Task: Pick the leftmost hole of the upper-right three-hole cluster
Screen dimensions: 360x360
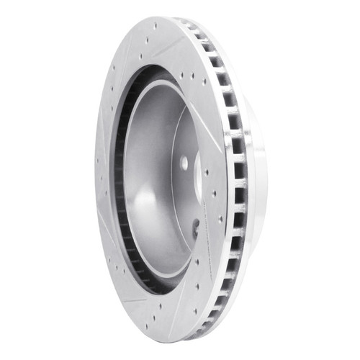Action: pyautogui.click(x=183, y=75)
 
